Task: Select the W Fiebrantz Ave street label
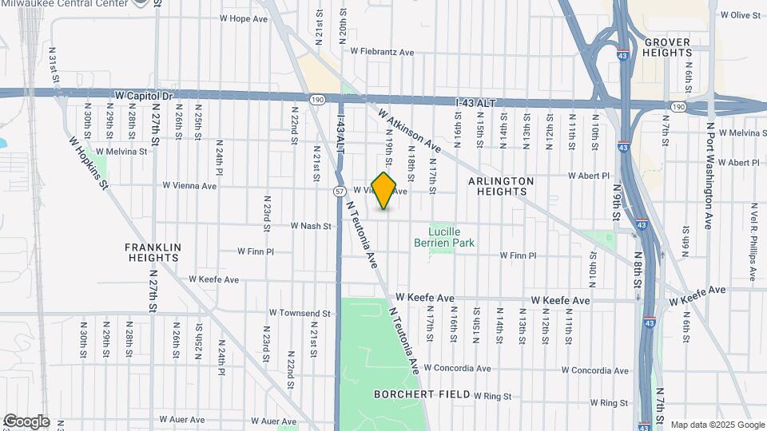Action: (x=382, y=52)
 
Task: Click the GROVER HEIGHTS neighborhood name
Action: (x=667, y=47)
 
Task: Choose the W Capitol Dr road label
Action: (x=144, y=95)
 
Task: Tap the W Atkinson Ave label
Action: (x=410, y=132)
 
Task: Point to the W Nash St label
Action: (x=311, y=226)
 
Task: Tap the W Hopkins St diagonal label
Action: (x=88, y=163)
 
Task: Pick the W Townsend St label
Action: (x=300, y=313)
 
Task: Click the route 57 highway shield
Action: (x=340, y=192)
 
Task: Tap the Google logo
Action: (x=26, y=421)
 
